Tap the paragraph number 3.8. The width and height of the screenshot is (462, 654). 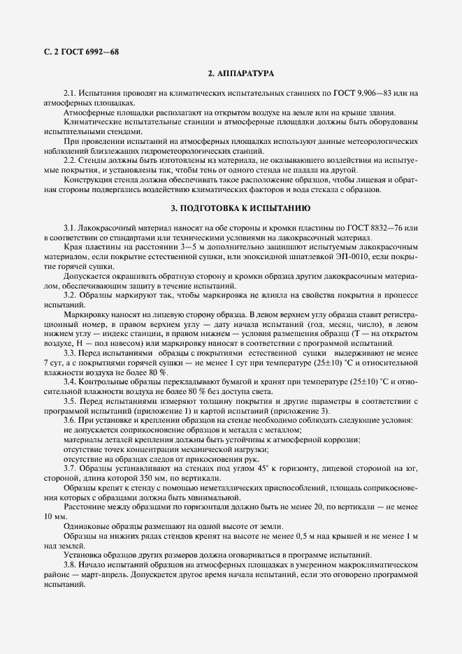click(70, 565)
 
